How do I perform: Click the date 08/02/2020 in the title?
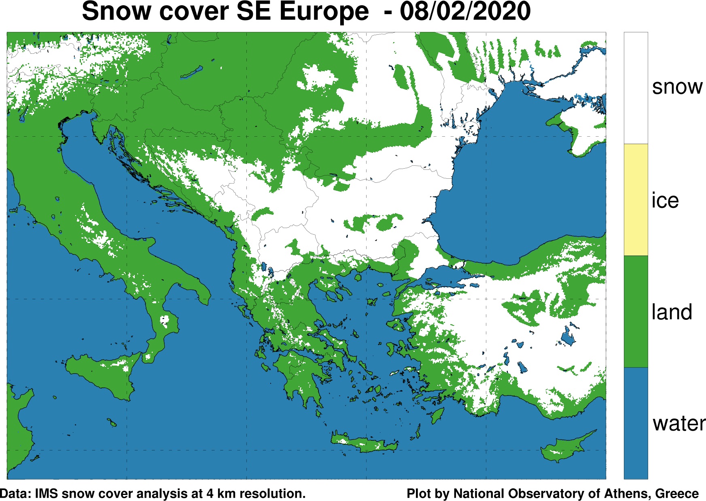(x=465, y=11)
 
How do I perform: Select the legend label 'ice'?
(x=665, y=201)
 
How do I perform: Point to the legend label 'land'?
(x=672, y=312)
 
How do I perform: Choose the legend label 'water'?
(x=678, y=423)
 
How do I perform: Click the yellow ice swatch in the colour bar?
(x=636, y=200)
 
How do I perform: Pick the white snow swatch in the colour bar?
(x=636, y=88)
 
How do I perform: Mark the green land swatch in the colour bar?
(x=636, y=311)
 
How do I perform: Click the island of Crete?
(x=364, y=442)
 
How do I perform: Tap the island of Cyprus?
(x=566, y=448)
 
